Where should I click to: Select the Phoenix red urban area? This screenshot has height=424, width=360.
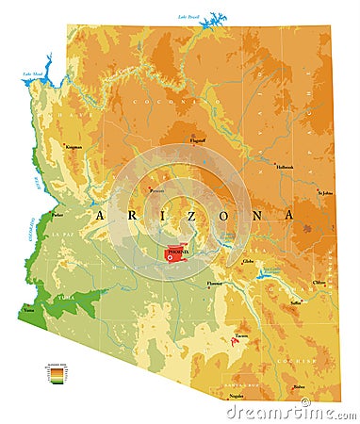tap(176, 253)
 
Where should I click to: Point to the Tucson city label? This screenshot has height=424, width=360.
tap(242, 334)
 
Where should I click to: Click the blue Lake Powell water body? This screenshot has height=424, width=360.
tap(215, 18)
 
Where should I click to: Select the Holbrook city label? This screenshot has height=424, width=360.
tap(285, 167)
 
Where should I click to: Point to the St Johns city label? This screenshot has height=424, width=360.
tap(325, 192)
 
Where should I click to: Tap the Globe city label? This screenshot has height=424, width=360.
tap(248, 260)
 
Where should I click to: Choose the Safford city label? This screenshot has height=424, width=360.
tap(296, 302)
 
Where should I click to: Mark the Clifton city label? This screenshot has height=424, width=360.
tap(319, 282)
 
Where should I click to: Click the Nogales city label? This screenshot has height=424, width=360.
tap(235, 396)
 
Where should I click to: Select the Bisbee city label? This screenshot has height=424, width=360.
tap(299, 386)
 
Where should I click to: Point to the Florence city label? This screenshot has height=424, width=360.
tap(216, 281)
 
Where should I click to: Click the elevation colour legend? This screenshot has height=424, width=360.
tap(58, 374)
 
